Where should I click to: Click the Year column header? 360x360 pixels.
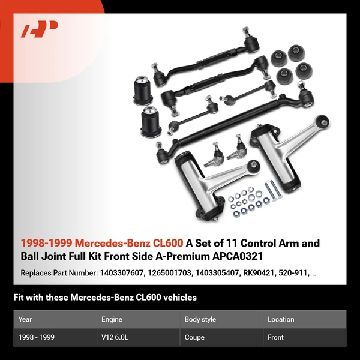tap(25, 319)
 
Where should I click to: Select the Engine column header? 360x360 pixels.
tap(112, 319)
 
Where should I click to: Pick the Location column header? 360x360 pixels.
tap(281, 319)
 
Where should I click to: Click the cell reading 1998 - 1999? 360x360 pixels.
tap(37, 337)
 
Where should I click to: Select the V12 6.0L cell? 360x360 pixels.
tap(115, 337)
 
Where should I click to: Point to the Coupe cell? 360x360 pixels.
tap(196, 337)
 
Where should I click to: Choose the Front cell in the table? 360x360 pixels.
tap(276, 337)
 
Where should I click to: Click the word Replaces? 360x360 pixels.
tap(37, 273)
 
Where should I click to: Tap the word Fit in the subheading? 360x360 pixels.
tap(19, 297)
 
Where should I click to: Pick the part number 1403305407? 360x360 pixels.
tap(215, 273)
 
